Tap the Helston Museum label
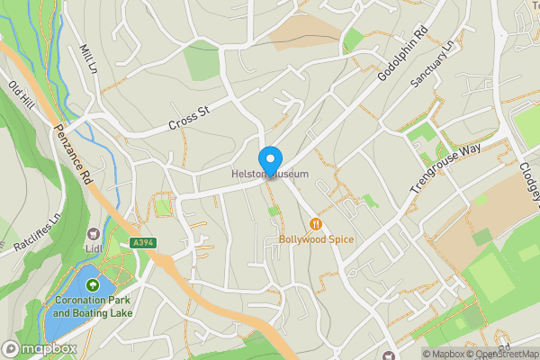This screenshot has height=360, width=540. tap(270, 173)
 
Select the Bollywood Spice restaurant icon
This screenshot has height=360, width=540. tap(316, 224)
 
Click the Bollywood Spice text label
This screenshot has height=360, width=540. tap(316, 239)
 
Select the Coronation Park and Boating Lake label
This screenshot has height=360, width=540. tap(92, 307)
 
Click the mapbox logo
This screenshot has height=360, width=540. tap(39, 349)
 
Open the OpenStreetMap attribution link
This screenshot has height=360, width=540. tap(501, 354)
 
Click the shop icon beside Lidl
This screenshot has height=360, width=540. tap(94, 233)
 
